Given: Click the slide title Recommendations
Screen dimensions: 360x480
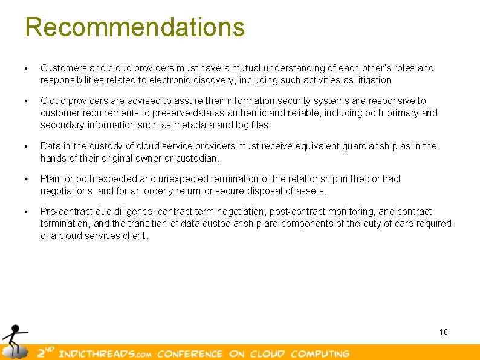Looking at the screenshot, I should click(x=135, y=27).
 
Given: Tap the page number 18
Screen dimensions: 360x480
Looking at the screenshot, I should click(x=444, y=332).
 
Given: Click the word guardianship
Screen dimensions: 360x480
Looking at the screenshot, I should click(x=371, y=146).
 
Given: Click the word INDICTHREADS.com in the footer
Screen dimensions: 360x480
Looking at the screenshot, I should click(x=106, y=353).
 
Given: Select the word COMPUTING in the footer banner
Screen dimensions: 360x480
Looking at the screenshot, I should click(x=320, y=353).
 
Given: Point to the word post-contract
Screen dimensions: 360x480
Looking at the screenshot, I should click(x=297, y=211).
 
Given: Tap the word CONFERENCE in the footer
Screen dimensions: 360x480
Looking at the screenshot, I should click(x=190, y=353).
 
